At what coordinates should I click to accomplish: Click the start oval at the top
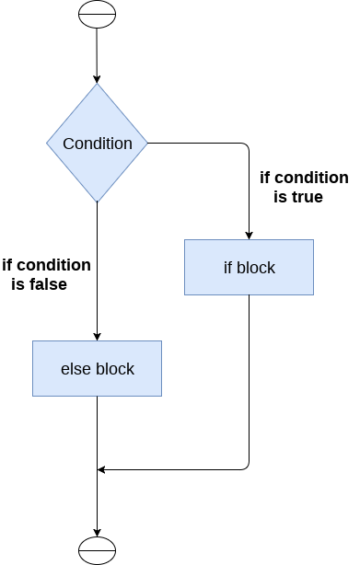(97, 16)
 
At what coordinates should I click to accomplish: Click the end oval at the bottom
(97, 549)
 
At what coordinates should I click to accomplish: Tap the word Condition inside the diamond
(98, 144)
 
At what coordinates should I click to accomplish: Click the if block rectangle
(249, 268)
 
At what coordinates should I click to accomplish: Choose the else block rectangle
(97, 369)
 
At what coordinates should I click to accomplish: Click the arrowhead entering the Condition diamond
(97, 79)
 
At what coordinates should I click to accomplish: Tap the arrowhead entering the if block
(249, 235)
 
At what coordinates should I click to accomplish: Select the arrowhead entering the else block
(97, 336)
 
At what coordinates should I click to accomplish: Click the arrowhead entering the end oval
(97, 529)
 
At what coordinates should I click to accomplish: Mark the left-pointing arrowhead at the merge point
(102, 470)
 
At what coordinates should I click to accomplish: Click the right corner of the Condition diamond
(147, 144)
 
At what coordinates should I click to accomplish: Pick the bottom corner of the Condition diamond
(97, 202)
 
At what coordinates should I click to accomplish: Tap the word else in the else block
(74, 369)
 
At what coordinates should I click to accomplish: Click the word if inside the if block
(229, 268)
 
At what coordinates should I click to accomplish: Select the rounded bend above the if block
(246, 146)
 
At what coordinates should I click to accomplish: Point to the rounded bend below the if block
(246, 467)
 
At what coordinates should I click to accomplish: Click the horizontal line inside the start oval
(97, 16)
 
